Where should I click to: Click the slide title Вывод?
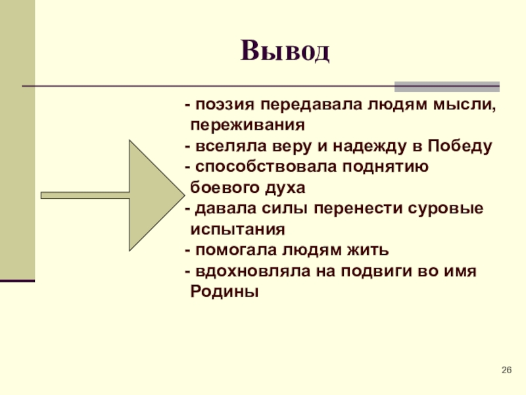pos(284,51)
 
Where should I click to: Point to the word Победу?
pos(460,145)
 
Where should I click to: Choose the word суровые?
pos(450,209)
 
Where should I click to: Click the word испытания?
pos(237,230)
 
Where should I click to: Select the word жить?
pos(371,250)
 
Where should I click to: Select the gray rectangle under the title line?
pos(446,86)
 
